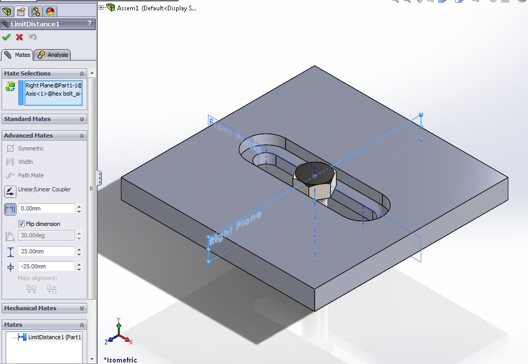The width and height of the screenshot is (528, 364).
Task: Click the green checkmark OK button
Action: point(6,37)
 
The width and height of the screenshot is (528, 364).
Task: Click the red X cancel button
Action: point(20,37)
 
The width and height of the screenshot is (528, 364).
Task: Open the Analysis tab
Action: point(53,55)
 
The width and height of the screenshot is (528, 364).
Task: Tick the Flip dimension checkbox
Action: point(22,224)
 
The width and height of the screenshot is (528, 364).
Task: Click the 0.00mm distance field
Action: point(46,209)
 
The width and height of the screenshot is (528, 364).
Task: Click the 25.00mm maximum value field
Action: point(46,251)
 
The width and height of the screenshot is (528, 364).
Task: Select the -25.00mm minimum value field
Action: point(46,266)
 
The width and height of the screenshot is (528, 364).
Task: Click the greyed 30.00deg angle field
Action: point(46,235)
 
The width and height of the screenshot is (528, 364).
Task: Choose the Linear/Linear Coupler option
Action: point(44,190)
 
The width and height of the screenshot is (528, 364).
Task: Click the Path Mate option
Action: point(30,175)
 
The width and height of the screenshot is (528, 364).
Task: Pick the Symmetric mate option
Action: point(30,149)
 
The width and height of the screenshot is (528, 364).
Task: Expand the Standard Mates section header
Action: point(44,119)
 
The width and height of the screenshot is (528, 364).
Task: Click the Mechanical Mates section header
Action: point(44,308)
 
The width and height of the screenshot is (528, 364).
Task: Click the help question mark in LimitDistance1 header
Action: point(89,24)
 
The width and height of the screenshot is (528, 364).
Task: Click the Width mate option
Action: point(25,162)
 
